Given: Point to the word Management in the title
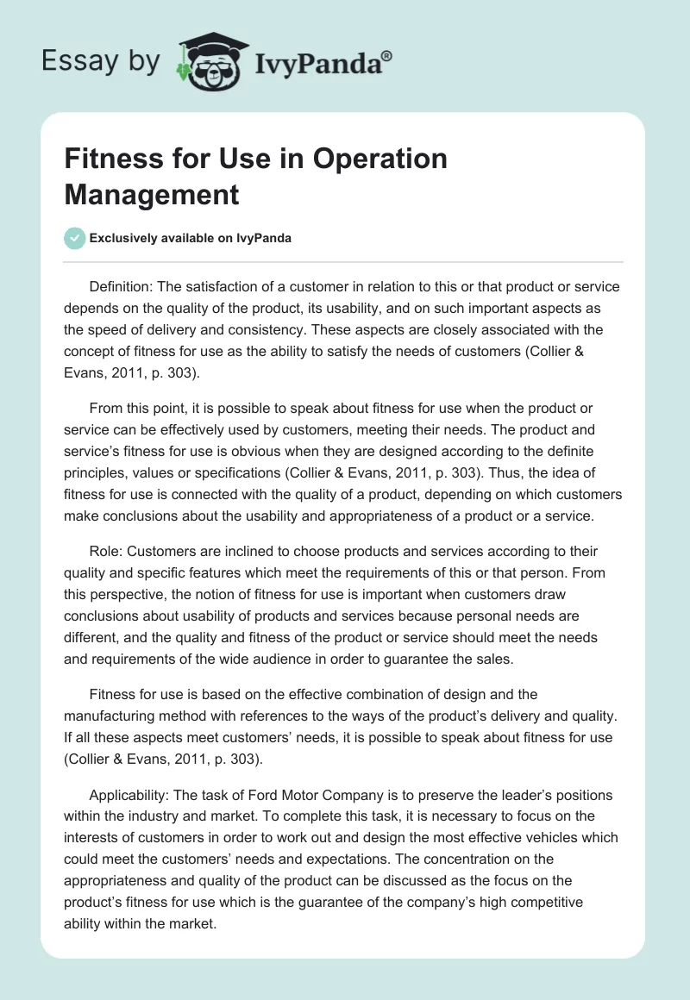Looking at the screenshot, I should click(x=151, y=194).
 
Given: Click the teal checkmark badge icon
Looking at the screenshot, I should click(x=75, y=238).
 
